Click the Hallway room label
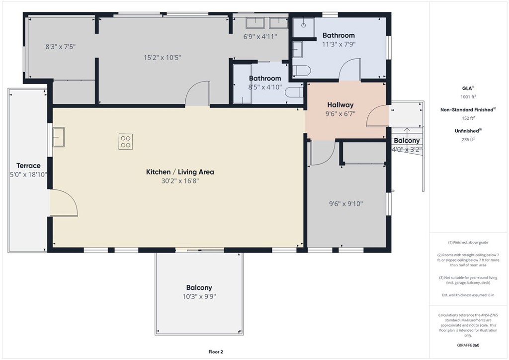(340, 105)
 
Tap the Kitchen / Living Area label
(180, 172)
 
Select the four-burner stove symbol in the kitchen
(126, 142)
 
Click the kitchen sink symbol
(59, 137)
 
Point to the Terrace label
(28, 166)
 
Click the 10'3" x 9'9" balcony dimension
(199, 296)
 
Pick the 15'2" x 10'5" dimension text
(163, 58)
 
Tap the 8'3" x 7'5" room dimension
(60, 47)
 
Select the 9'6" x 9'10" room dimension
(346, 204)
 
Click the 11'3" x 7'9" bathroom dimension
(339, 44)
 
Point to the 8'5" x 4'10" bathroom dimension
(265, 87)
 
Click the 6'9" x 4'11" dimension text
(260, 37)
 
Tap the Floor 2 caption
(216, 352)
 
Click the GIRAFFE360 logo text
(468, 345)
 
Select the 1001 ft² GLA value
(468, 96)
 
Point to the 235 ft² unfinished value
(468, 139)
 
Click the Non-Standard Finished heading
(467, 110)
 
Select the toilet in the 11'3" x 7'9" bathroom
(302, 71)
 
